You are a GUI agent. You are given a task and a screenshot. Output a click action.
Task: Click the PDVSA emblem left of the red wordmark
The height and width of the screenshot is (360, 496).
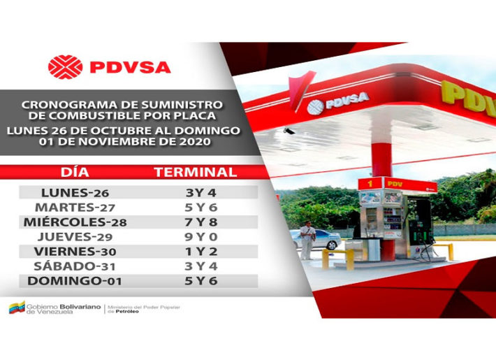(x=65, y=67)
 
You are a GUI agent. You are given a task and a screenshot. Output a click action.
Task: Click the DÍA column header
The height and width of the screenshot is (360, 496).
(x=75, y=172)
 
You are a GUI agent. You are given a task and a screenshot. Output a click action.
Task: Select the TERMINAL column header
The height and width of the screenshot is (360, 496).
(x=196, y=172)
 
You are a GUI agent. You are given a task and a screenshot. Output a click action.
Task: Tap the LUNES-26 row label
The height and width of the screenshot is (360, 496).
(x=75, y=192)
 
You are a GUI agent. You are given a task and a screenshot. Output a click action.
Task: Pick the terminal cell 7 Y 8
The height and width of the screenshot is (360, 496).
(x=201, y=222)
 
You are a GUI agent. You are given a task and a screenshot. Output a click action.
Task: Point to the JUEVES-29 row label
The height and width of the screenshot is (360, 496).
(x=75, y=237)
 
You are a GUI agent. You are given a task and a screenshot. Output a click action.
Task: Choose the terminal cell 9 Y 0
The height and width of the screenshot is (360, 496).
(x=201, y=237)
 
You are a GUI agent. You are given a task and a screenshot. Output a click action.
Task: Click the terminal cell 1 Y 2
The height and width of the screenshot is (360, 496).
(x=201, y=252)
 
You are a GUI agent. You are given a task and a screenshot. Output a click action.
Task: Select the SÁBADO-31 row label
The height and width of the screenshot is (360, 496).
(x=74, y=266)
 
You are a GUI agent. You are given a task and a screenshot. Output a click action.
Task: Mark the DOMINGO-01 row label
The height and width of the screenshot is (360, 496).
(x=75, y=281)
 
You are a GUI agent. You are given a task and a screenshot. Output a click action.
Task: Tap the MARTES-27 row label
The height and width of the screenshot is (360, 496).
(x=75, y=208)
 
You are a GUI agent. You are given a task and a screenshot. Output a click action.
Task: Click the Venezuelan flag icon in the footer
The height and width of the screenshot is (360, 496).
(x=17, y=307)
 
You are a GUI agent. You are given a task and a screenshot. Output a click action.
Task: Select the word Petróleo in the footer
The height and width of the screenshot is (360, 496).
(x=127, y=312)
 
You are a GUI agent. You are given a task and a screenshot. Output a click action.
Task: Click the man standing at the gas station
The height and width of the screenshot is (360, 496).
(x=307, y=240)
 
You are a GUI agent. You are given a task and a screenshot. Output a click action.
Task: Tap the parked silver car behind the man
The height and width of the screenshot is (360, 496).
(x=317, y=239)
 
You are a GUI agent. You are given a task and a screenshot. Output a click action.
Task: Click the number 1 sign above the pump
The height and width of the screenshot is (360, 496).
(x=370, y=183)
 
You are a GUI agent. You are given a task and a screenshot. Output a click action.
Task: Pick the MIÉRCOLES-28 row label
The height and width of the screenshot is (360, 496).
(x=75, y=222)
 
